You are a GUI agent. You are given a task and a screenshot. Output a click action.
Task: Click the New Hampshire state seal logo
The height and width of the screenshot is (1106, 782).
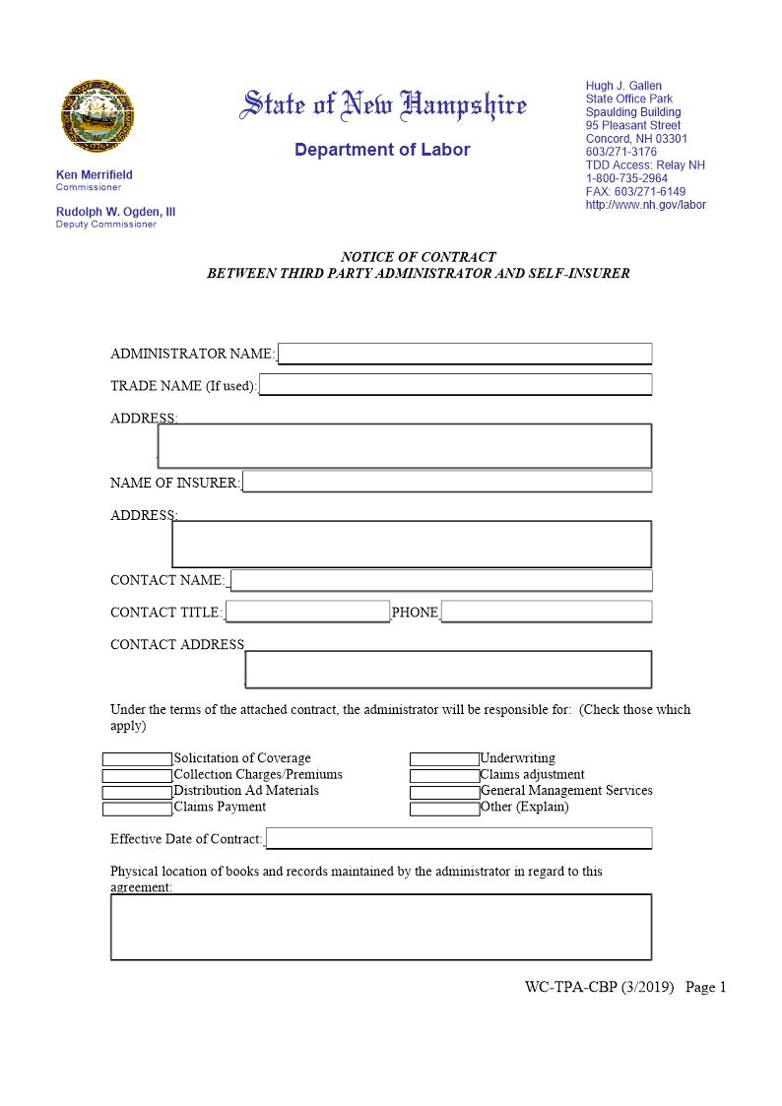pyautogui.click(x=98, y=115)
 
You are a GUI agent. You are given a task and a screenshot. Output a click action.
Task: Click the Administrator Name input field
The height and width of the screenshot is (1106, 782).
pyautogui.click(x=465, y=354)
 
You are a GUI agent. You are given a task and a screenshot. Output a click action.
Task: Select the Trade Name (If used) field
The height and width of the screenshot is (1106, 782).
pyautogui.click(x=455, y=385)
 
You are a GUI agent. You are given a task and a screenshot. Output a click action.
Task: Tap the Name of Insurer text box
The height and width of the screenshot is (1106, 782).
pyautogui.click(x=447, y=482)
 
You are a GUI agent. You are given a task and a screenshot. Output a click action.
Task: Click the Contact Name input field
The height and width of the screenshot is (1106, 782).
pyautogui.click(x=441, y=580)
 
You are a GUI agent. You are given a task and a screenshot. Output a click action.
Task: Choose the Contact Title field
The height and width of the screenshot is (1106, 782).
pyautogui.click(x=307, y=612)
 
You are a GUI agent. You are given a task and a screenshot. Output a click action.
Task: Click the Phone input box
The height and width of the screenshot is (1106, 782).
pyautogui.click(x=547, y=612)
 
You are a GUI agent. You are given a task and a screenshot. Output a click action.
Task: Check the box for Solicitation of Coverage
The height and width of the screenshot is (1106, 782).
pyautogui.click(x=137, y=759)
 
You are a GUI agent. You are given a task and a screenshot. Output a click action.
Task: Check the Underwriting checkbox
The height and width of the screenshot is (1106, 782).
pyautogui.click(x=444, y=759)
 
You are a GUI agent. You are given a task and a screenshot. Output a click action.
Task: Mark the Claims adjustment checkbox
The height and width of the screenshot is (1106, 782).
pyautogui.click(x=444, y=776)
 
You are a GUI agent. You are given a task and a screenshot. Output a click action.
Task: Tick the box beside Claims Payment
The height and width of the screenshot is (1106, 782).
pyautogui.click(x=137, y=809)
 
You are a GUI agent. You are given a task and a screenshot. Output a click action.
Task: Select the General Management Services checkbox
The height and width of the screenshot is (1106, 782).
pyautogui.click(x=444, y=792)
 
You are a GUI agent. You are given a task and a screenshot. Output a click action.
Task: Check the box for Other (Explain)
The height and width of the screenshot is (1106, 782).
pyautogui.click(x=444, y=809)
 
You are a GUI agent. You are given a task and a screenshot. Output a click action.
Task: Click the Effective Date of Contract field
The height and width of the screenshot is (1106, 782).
pyautogui.click(x=459, y=839)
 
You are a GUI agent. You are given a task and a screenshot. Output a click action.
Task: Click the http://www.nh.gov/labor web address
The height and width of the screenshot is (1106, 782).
pyautogui.click(x=645, y=205)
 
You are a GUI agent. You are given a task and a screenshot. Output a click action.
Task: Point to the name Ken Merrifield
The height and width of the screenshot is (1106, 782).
pyautogui.click(x=95, y=175)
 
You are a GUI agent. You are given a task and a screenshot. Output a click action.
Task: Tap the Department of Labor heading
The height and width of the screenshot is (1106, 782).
pyautogui.click(x=382, y=150)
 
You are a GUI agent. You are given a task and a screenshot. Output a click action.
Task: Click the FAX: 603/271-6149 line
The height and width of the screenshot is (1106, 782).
pyautogui.click(x=635, y=191)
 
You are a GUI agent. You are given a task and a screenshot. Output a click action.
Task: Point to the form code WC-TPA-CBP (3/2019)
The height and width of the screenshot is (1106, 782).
pyautogui.click(x=599, y=987)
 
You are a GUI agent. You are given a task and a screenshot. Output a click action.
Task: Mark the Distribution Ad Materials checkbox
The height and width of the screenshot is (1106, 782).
pyautogui.click(x=137, y=792)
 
